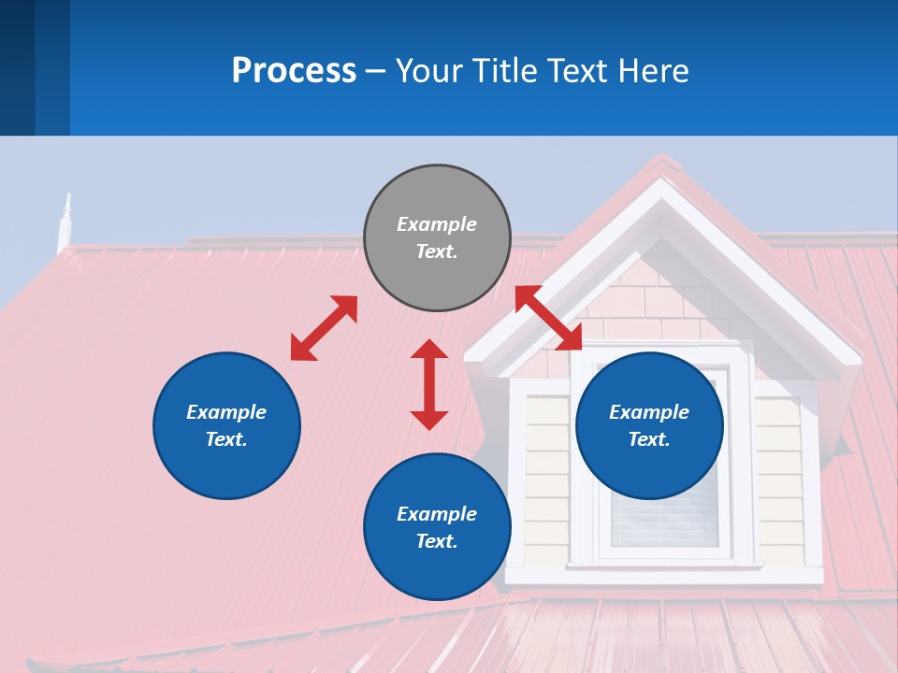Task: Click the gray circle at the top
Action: click(437, 238)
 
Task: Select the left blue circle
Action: click(226, 425)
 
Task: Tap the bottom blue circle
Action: click(437, 527)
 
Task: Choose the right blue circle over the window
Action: click(649, 425)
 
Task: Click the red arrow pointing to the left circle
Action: click(324, 328)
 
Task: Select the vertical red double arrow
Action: click(429, 384)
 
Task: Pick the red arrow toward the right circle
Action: click(549, 319)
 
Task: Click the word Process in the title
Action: click(294, 70)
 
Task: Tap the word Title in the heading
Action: click(503, 70)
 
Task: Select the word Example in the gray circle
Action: click(437, 224)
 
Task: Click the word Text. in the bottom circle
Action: click(437, 541)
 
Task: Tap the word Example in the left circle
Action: click(226, 412)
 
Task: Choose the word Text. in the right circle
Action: click(649, 439)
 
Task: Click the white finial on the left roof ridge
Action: click(65, 221)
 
